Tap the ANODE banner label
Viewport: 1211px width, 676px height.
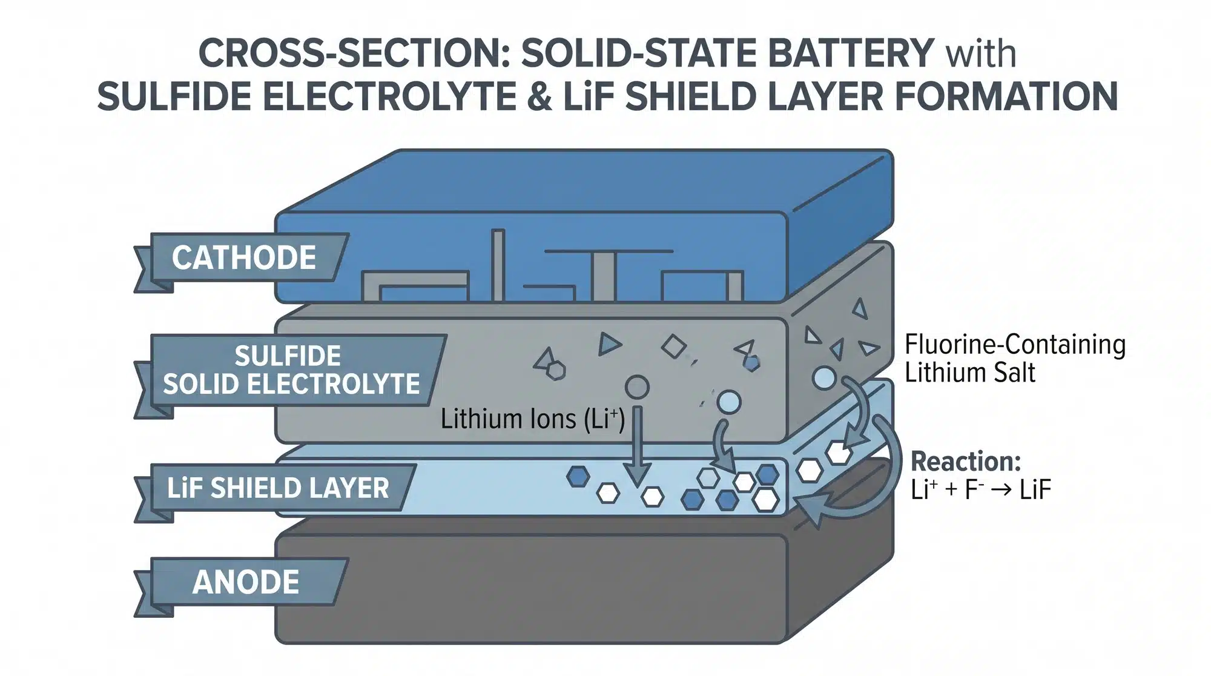245,582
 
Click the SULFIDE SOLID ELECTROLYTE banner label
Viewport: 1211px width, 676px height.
291,369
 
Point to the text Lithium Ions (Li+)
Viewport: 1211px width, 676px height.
532,419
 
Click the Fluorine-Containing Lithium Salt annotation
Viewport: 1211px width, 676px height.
1015,358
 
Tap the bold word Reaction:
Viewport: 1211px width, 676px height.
966,462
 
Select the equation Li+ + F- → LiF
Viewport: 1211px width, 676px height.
980,489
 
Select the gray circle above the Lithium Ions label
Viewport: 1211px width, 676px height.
636,386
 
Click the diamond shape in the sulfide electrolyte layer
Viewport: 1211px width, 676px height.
673,346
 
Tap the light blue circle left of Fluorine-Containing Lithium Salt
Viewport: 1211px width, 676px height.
823,378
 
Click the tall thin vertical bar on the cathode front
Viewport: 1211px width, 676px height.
498,265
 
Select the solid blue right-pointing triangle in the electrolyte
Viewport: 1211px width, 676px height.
609,343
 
